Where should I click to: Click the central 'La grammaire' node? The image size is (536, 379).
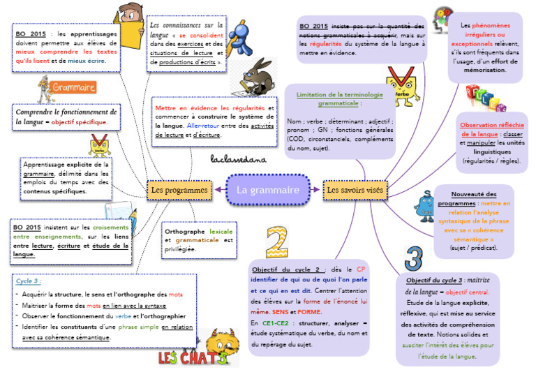coord(267,190)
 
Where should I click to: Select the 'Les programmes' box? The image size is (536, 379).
coord(179,190)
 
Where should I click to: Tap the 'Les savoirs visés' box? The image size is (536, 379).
coord(354,190)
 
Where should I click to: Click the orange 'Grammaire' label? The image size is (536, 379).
coord(73,88)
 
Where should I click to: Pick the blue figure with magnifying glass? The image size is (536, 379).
coord(240,38)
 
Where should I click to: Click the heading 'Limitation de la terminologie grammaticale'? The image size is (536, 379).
coord(340,98)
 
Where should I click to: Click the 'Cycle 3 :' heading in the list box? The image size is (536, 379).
coord(29,281)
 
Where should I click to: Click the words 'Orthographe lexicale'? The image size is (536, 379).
coord(199,231)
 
